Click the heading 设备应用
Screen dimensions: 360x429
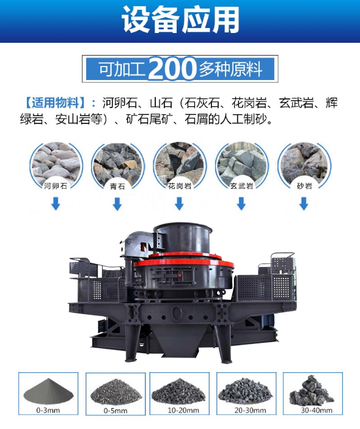[x=180, y=20]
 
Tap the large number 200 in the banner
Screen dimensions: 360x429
[x=173, y=68]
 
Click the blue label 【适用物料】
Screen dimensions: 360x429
[x=56, y=103]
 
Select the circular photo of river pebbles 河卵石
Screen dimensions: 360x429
[x=56, y=166]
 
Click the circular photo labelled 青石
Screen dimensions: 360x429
[x=117, y=166]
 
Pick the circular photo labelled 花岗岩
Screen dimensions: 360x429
[x=180, y=166]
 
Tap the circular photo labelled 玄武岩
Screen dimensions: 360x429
[x=241, y=166]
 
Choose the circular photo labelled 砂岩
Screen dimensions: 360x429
[x=304, y=166]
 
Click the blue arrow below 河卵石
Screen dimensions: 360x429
[x=56, y=204]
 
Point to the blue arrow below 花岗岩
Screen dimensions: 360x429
[x=179, y=204]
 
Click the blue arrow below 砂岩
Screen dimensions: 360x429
[x=304, y=204]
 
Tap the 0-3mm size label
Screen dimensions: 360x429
[x=48, y=410]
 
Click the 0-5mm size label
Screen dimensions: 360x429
[x=115, y=411]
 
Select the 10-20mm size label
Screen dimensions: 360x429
[x=183, y=410]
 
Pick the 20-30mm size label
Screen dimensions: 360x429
[x=250, y=410]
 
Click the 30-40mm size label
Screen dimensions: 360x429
[x=317, y=410]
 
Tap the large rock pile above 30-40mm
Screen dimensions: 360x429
[x=311, y=390]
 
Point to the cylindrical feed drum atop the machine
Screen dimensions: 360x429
[x=182, y=238]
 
